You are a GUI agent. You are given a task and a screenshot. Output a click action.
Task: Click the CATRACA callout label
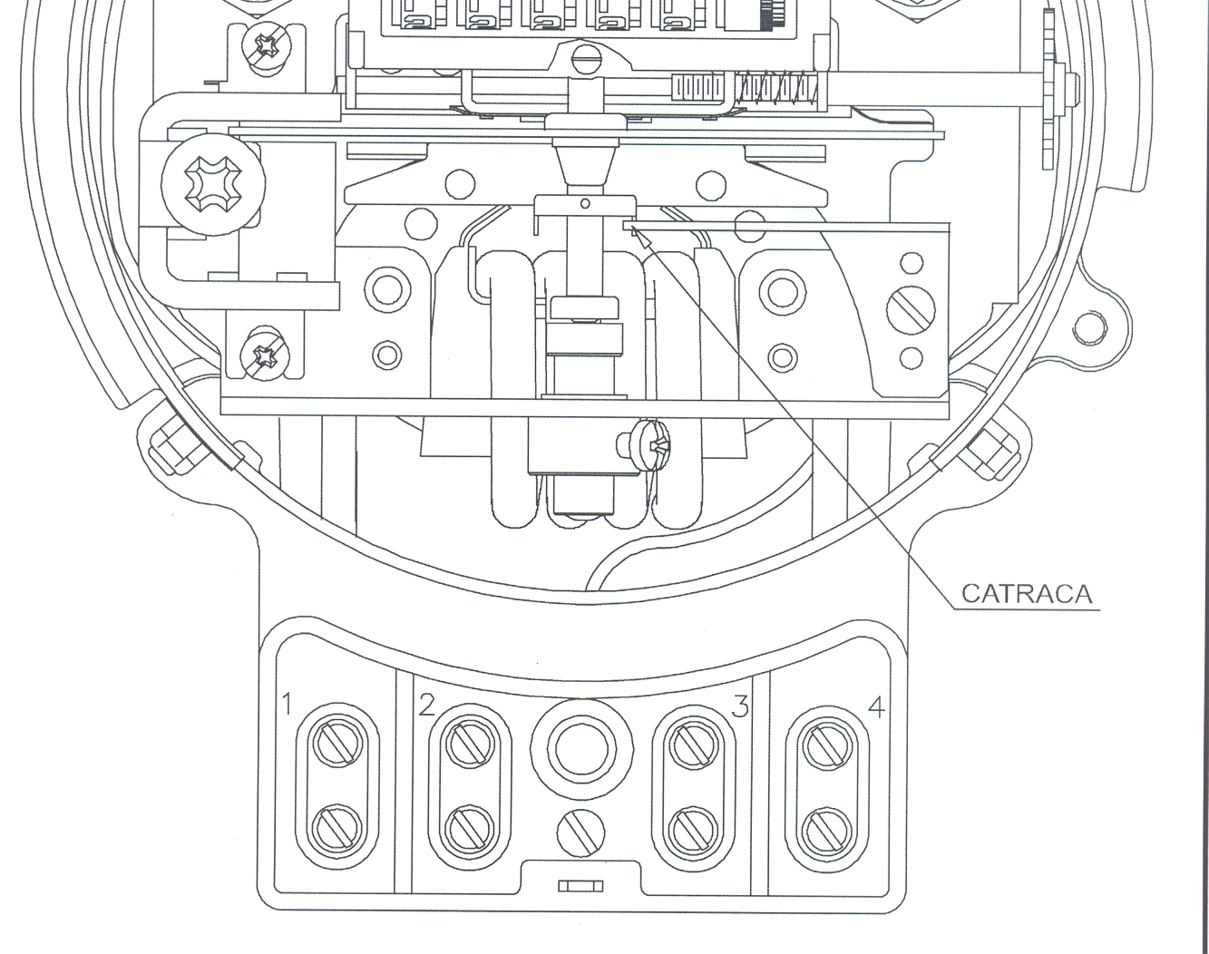(x=1027, y=593)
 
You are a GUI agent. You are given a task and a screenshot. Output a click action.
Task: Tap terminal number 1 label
(x=288, y=704)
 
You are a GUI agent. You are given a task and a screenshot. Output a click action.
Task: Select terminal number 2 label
(x=426, y=705)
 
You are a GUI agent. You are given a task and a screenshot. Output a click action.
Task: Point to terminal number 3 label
(x=740, y=706)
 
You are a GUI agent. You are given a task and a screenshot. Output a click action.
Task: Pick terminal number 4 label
(x=876, y=706)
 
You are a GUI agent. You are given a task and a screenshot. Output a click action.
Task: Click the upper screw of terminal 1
(x=337, y=744)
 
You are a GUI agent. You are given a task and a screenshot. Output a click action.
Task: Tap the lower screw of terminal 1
(x=336, y=829)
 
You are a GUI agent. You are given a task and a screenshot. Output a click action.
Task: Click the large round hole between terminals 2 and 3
(x=581, y=749)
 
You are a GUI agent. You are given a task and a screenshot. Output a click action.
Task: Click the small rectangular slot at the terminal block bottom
(x=580, y=886)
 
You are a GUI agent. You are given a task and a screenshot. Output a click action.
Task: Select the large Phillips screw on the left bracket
(x=213, y=184)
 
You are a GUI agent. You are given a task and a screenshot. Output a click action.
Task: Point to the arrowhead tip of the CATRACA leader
(x=632, y=227)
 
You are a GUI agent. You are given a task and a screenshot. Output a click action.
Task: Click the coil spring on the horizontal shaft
(x=775, y=89)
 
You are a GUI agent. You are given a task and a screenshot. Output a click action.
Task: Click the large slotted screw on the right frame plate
(x=911, y=310)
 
